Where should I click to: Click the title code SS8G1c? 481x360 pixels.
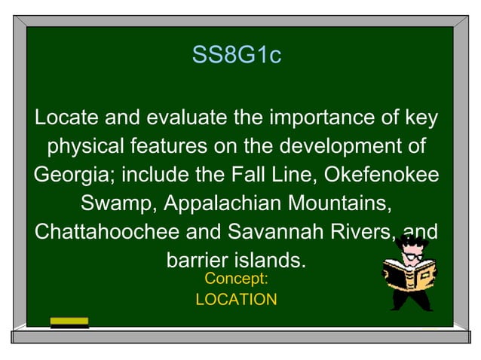236,56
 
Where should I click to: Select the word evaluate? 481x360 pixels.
180,118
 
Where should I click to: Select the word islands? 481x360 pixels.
271,260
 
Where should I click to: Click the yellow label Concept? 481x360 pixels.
236,279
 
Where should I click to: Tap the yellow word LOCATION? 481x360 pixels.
236,299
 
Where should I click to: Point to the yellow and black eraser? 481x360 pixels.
69,323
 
